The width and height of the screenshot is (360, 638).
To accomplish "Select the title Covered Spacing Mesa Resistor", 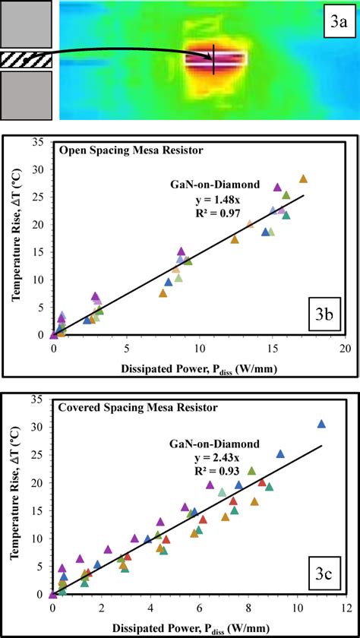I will [137, 408].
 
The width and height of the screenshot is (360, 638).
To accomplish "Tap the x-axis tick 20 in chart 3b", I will [344, 347].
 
